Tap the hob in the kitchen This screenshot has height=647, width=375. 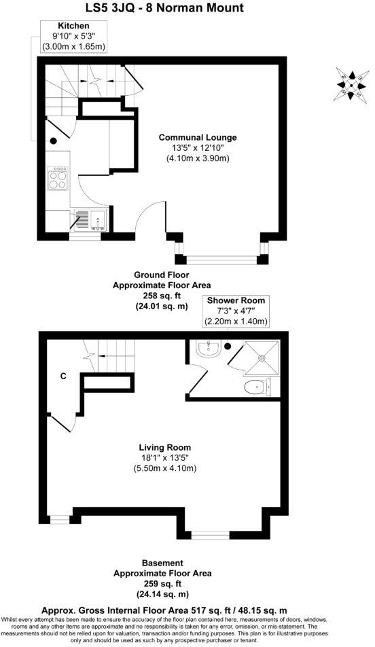(x=58, y=179)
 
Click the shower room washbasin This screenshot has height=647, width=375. (x=207, y=349)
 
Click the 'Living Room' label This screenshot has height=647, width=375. (x=164, y=447)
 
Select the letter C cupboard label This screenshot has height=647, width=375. (x=62, y=376)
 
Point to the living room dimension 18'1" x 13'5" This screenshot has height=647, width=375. (x=164, y=458)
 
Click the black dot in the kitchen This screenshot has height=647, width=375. (x=53, y=141)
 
